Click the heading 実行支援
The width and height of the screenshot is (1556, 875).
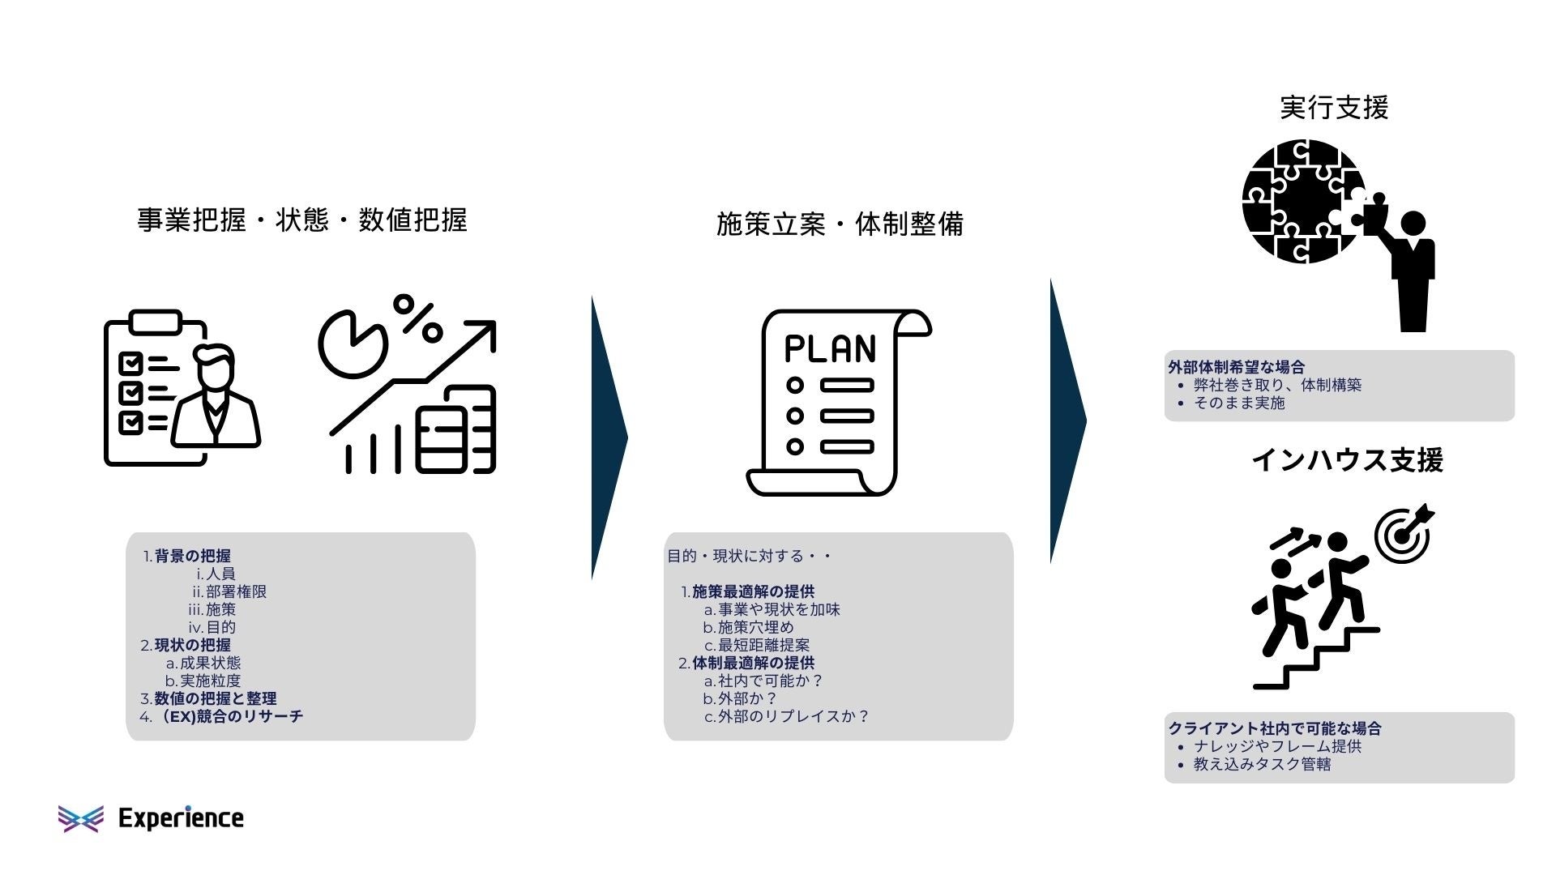point(1334,108)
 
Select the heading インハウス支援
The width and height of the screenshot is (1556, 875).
point(1347,460)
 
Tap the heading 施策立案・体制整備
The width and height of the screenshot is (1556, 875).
point(840,224)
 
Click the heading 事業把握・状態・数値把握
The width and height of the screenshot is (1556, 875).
point(301,220)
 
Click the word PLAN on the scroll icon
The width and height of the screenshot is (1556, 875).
point(830,348)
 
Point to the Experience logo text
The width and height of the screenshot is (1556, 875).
point(180,818)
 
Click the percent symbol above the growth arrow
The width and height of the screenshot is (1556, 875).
point(417,318)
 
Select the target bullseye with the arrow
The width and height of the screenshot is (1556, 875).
point(1403,534)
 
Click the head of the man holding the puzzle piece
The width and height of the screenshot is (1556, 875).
point(1413,224)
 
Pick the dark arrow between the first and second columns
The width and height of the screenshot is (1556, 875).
point(608,437)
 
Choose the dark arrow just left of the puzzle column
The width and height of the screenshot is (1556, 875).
point(1067,421)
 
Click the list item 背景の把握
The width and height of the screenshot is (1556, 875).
point(192,556)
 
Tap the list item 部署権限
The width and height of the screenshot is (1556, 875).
point(235,591)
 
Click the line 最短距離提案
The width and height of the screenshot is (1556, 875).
point(763,645)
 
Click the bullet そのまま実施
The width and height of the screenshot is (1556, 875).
point(1238,403)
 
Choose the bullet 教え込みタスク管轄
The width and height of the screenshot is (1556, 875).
point(1261,764)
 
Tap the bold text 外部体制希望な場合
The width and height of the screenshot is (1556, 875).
point(1236,366)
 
